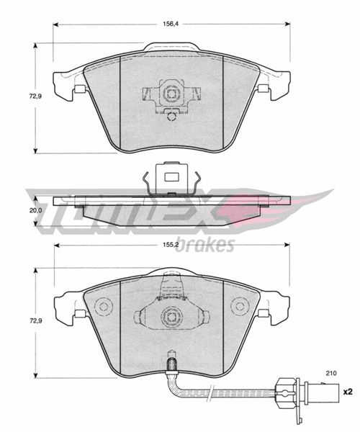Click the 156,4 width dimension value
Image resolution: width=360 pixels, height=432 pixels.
[171, 24]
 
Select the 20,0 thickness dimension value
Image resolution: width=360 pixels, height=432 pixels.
[36, 210]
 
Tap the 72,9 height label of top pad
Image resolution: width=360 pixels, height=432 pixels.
[35, 96]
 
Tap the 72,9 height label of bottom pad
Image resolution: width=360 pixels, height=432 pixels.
[35, 320]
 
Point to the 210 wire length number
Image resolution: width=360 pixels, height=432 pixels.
[331, 373]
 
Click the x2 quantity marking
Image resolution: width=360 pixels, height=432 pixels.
[348, 392]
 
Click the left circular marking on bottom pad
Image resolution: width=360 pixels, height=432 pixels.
[104, 307]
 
